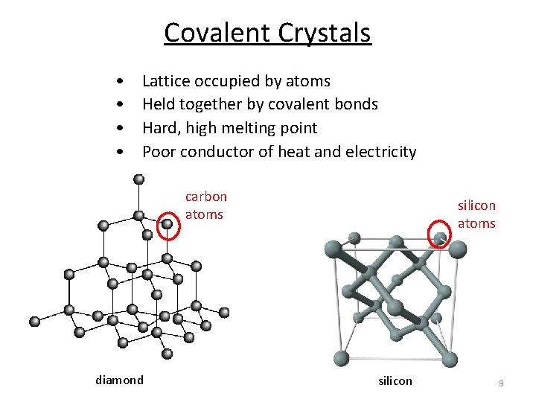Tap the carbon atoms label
point(205,205)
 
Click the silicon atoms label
point(476,214)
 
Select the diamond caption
point(119,380)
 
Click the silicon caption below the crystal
point(395,381)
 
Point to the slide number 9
point(501,383)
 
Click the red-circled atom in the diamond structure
point(168,223)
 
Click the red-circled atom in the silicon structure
point(441,238)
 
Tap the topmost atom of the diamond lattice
point(139,179)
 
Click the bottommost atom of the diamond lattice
point(167,354)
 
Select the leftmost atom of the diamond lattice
point(33,322)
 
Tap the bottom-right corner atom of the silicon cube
point(450,360)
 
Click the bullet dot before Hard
point(119,128)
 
